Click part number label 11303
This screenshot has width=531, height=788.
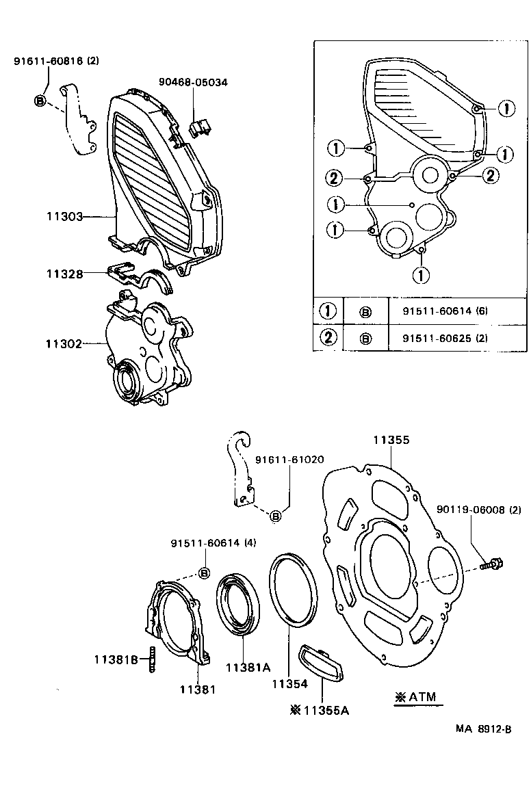pyautogui.click(x=64, y=216)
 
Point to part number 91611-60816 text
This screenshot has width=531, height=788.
pyautogui.click(x=57, y=61)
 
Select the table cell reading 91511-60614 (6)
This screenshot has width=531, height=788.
pyautogui.click(x=445, y=311)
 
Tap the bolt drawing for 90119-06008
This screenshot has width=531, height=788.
pyautogui.click(x=491, y=564)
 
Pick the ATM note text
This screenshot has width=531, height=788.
pyautogui.click(x=415, y=697)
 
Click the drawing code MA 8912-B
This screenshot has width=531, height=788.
pyautogui.click(x=483, y=729)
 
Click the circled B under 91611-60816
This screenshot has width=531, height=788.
pyautogui.click(x=39, y=101)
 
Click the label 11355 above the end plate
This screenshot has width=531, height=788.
pyautogui.click(x=391, y=441)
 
